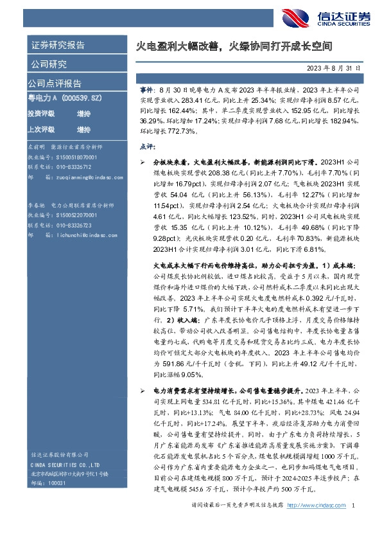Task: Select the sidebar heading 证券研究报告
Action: pyautogui.click(x=58, y=45)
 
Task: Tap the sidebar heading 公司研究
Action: pyautogui.click(x=49, y=64)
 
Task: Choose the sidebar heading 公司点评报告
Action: pyautogui.click(x=54, y=83)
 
